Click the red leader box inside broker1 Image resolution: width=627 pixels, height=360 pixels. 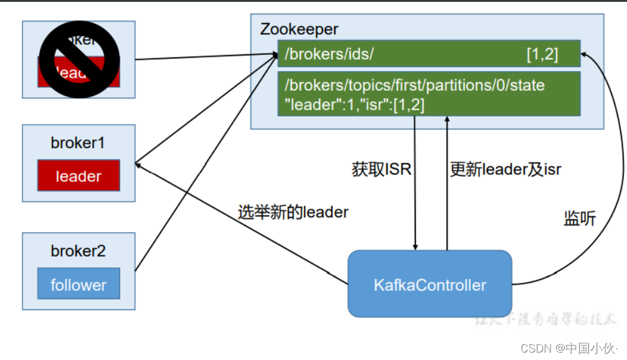coord(78,176)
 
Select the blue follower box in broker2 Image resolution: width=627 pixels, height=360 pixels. coord(78,285)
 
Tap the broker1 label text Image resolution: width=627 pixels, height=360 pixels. coord(78,143)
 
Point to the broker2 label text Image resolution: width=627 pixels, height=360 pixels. coord(78,252)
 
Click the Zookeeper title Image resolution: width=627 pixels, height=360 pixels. coord(299,29)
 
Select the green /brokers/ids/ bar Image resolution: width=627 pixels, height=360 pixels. coord(429,54)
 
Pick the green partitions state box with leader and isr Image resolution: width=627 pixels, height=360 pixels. coord(429,93)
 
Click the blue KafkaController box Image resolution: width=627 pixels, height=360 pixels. coord(430,285)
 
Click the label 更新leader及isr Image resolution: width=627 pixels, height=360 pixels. coord(506,169)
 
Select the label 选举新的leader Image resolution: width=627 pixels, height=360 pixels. coord(293,212)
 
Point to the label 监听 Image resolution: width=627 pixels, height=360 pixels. coord(580,219)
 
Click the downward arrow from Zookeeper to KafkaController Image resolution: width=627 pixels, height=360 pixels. coord(415,187)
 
